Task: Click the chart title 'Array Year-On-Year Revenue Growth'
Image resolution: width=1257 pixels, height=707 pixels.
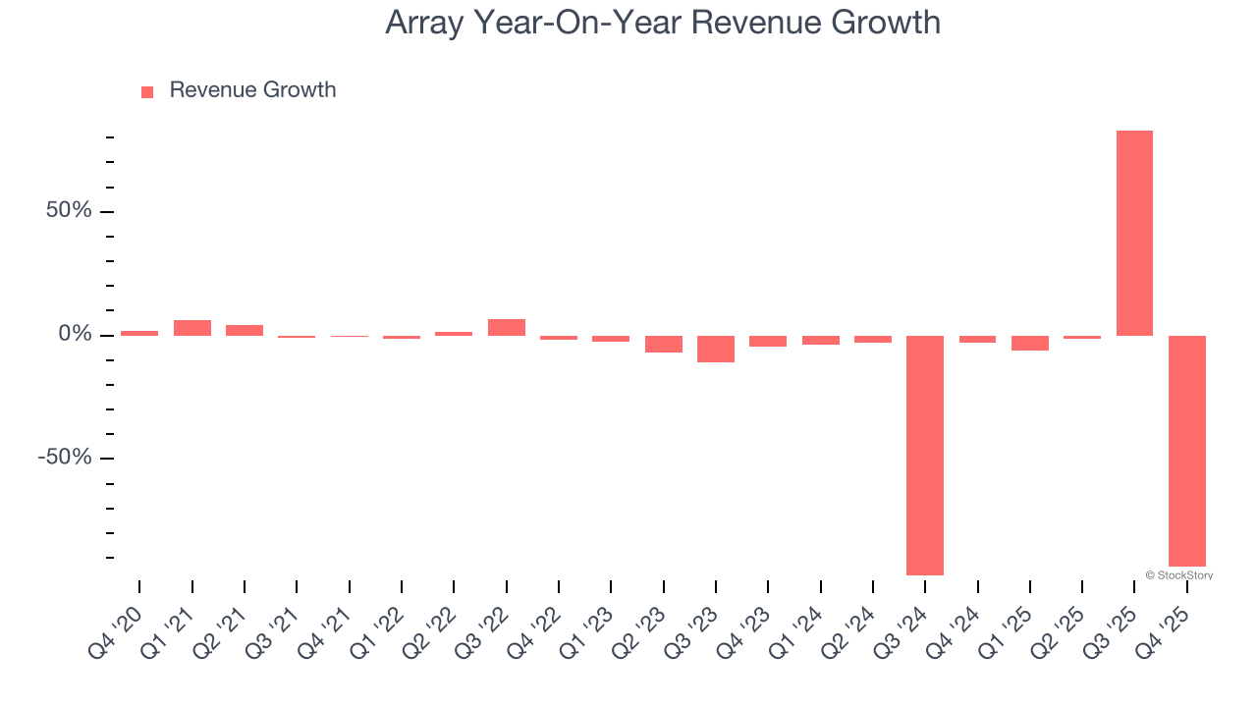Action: pos(663,23)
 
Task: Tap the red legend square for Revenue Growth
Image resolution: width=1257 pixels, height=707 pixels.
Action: pos(147,92)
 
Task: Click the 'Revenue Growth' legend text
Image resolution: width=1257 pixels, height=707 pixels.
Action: pos(252,90)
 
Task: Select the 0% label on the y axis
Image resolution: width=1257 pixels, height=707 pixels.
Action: pos(75,335)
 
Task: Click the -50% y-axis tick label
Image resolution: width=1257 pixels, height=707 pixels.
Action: pos(65,459)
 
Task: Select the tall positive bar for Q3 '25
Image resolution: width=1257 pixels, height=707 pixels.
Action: pos(1134,233)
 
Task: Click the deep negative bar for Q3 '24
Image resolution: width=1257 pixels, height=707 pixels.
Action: pos(925,455)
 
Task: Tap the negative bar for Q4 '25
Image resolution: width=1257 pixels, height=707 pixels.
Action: pos(1186,451)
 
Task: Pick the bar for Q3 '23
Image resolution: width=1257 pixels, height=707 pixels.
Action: pos(716,349)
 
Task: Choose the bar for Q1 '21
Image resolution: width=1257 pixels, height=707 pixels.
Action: pos(192,328)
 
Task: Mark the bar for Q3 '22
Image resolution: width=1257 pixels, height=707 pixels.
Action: pos(507,327)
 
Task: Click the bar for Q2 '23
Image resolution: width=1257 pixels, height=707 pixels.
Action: pos(664,344)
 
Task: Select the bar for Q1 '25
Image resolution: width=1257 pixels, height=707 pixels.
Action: pos(1030,343)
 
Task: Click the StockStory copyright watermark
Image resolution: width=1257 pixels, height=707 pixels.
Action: pos(1178,575)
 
